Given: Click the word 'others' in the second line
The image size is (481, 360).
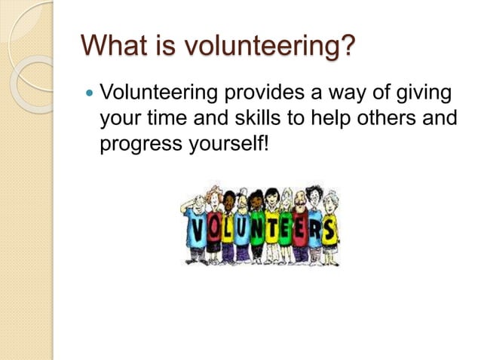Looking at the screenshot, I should [x=389, y=118].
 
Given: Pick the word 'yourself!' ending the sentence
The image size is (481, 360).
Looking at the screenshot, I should [x=225, y=143].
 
